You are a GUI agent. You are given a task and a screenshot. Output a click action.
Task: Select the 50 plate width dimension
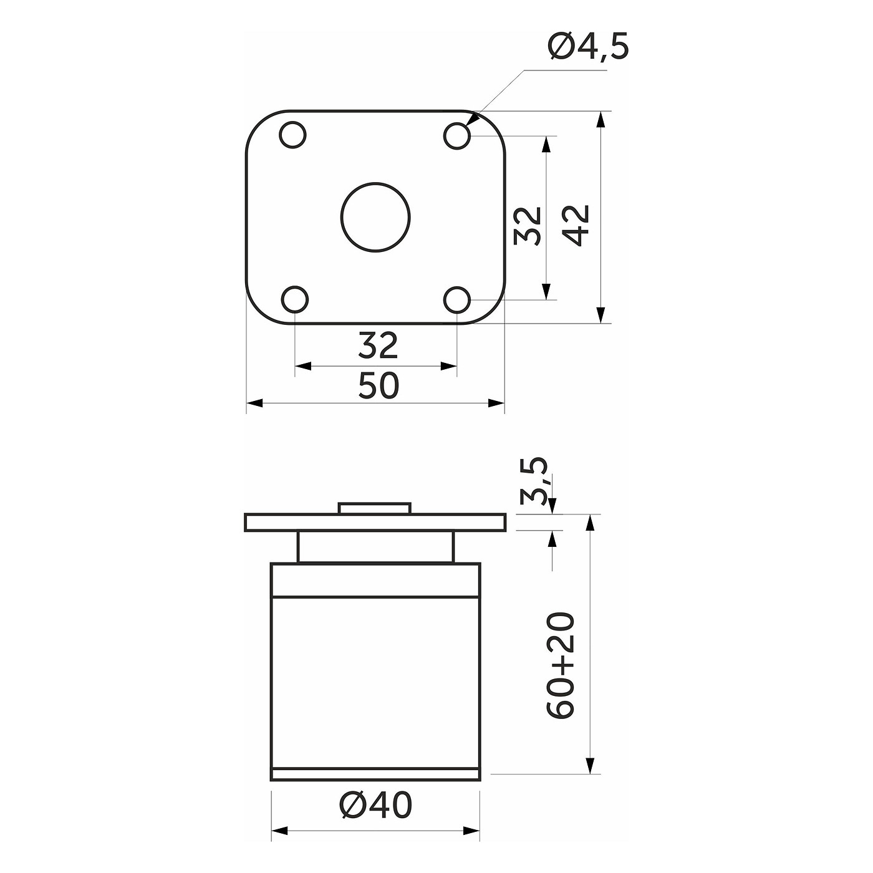(379, 385)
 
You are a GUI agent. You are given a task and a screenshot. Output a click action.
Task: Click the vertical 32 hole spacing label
(528, 225)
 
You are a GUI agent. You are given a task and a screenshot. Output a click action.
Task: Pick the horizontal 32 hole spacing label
(378, 345)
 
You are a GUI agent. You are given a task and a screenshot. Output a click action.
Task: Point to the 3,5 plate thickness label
(534, 481)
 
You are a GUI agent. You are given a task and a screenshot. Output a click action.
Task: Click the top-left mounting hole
(292, 135)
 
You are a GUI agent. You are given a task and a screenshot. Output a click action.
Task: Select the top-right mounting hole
(456, 135)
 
